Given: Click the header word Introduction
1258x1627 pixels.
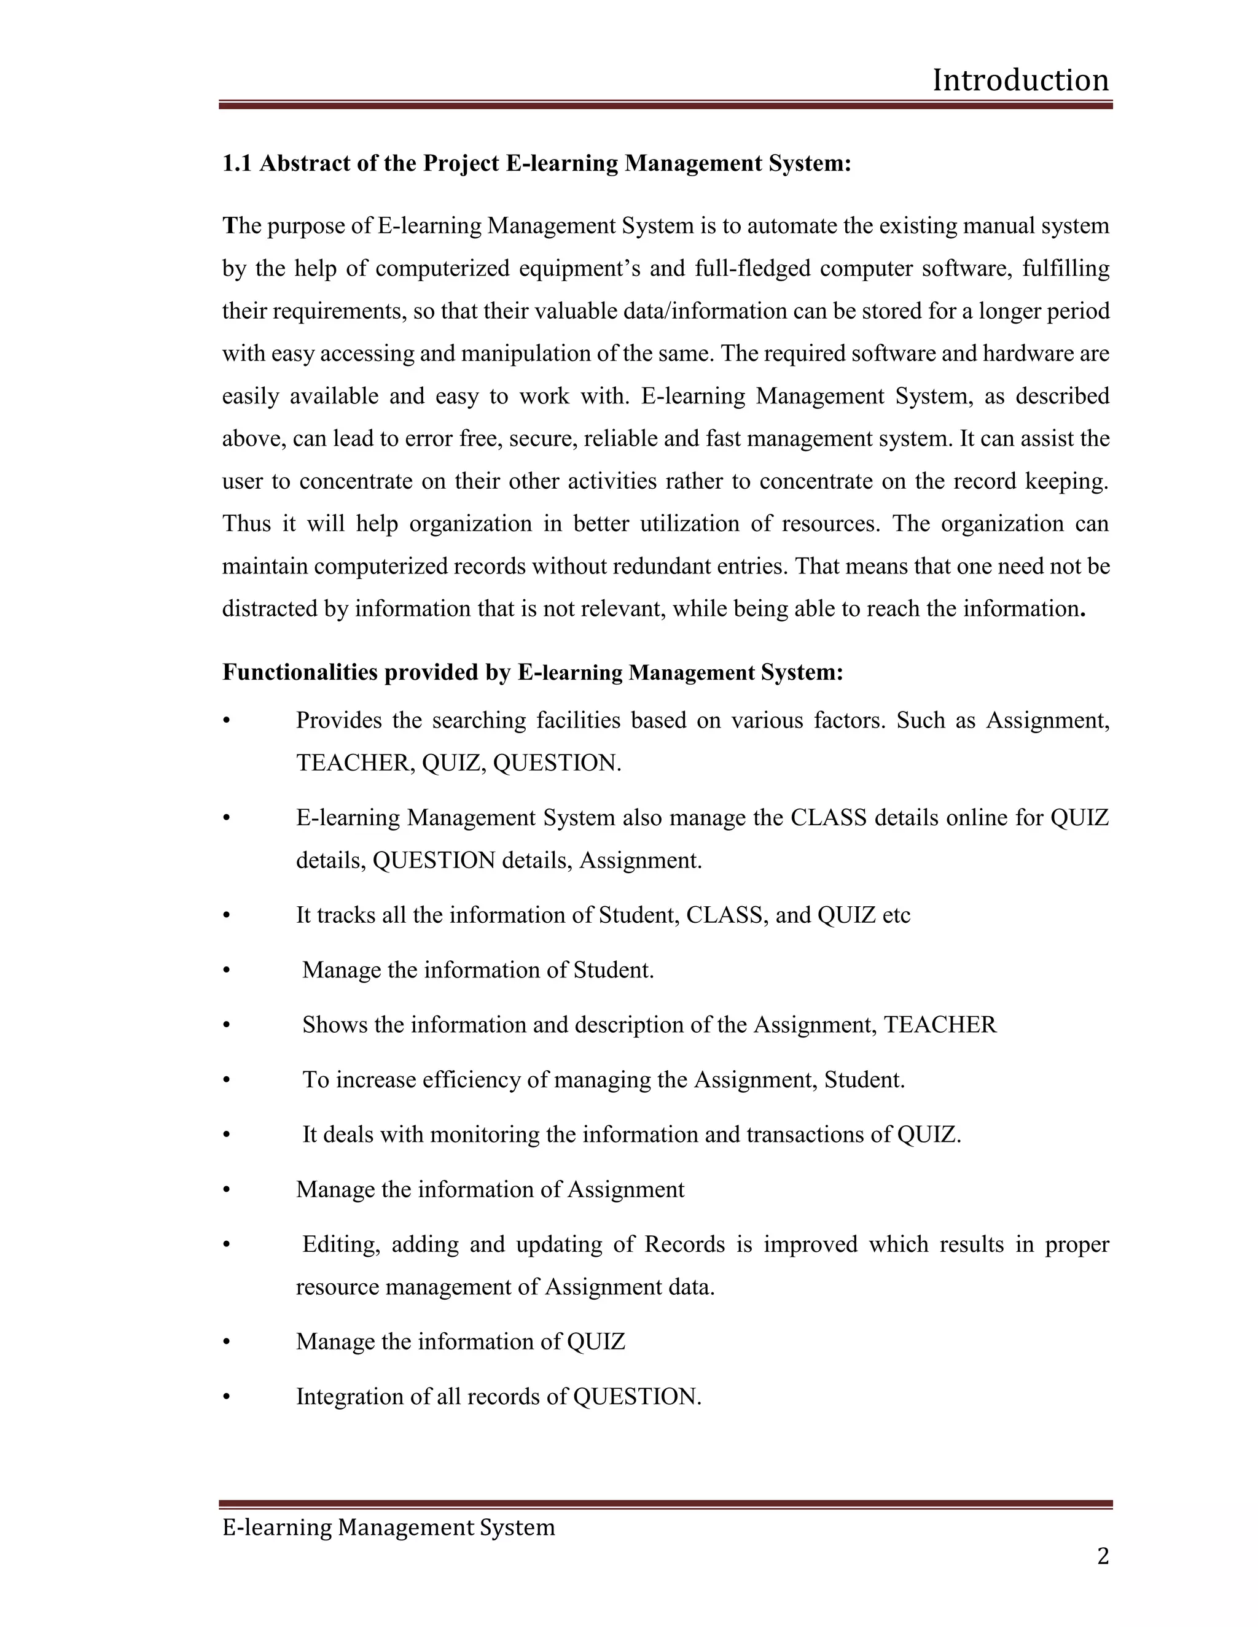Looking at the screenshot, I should [x=1020, y=80].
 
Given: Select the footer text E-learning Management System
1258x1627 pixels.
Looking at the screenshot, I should [x=388, y=1527].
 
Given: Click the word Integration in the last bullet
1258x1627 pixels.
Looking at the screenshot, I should [x=350, y=1396].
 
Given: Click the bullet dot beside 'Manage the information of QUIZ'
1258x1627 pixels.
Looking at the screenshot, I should [x=227, y=1342].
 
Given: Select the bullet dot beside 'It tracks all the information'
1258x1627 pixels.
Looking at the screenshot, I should [x=227, y=915].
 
